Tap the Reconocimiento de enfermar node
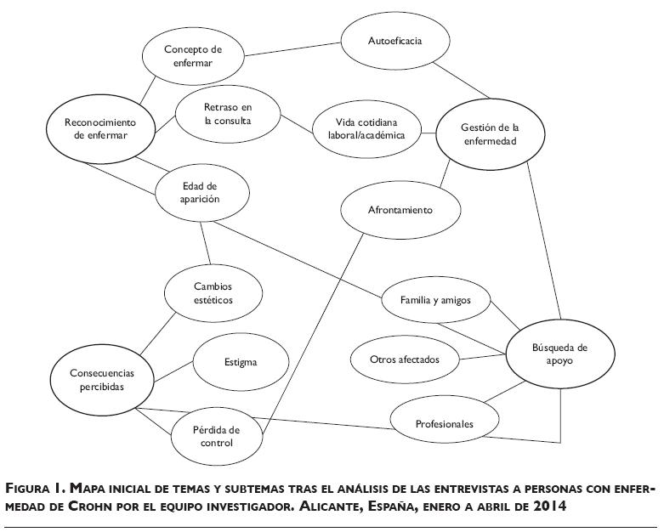click(100, 127)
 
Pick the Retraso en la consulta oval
click(227, 114)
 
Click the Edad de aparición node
click(201, 192)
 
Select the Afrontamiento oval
click(400, 209)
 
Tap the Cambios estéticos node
click(212, 293)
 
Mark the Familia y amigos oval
click(434, 300)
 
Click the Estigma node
click(241, 362)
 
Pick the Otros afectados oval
click(406, 359)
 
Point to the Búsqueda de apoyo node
click(559, 354)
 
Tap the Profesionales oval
click(444, 423)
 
